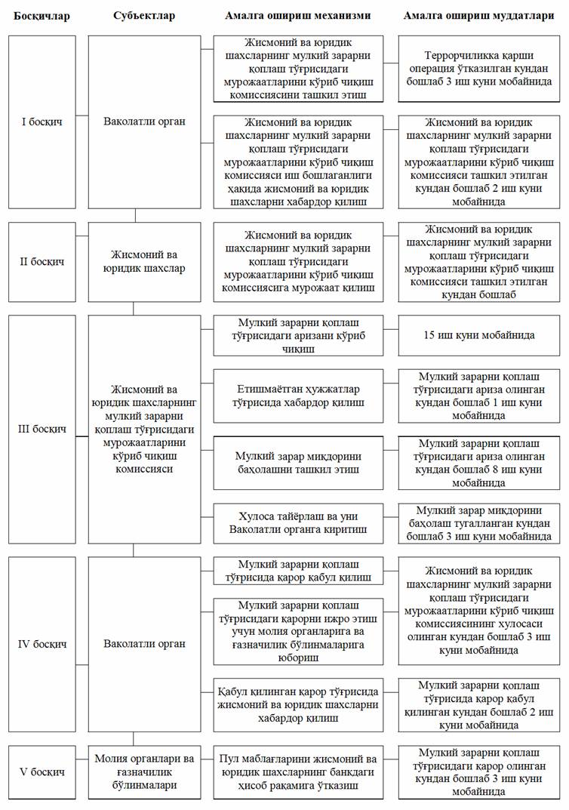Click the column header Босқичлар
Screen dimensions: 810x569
pyautogui.click(x=42, y=16)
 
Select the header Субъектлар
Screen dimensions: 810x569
pyautogui.click(x=144, y=16)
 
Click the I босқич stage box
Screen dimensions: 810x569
pyautogui.click(x=42, y=121)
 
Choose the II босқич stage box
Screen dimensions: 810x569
pyautogui.click(x=42, y=261)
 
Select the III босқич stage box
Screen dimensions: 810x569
pyautogui.click(x=42, y=429)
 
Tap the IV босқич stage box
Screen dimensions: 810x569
pyautogui.click(x=42, y=644)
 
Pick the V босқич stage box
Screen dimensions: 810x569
pyautogui.click(x=42, y=772)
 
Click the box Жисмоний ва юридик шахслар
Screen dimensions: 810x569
pyautogui.click(x=145, y=261)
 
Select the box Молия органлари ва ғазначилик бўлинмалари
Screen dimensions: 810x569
pyautogui.click(x=145, y=772)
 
